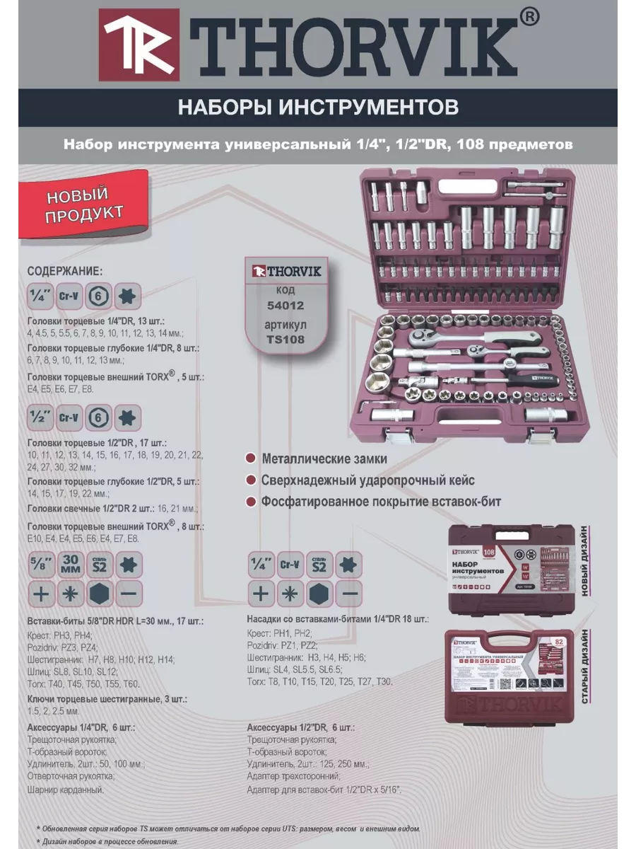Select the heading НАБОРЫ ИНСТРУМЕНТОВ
pos(317,107)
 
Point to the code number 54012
pos(285,306)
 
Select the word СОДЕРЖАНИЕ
pos(64,271)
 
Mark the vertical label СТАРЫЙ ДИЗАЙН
pos(585,667)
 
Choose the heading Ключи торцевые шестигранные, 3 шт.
pos(106,698)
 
